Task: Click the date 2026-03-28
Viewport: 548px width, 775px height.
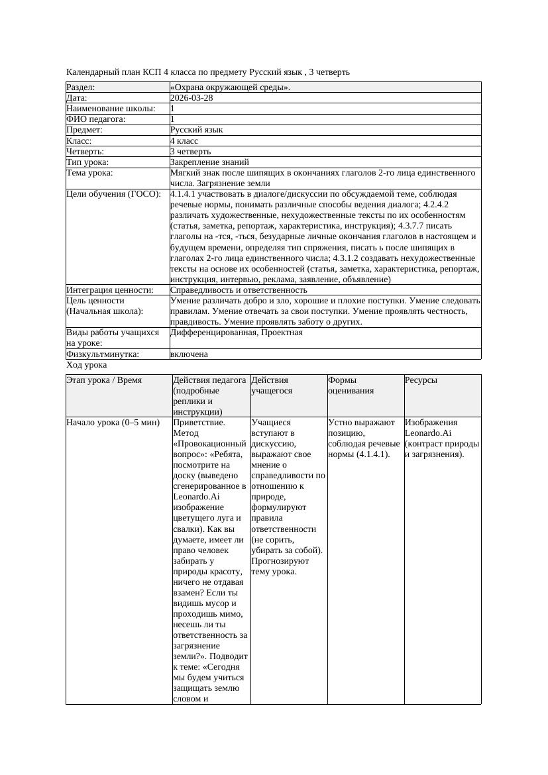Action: pos(192,98)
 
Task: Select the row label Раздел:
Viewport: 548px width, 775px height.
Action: pos(81,87)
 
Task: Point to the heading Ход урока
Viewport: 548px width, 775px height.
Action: pos(87,365)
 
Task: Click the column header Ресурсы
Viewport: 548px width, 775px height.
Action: pos(421,380)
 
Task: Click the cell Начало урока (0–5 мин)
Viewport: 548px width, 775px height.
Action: pos(113,423)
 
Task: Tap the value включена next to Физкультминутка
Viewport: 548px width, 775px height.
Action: pos(189,354)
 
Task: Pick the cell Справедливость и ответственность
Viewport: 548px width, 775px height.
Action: pos(239,290)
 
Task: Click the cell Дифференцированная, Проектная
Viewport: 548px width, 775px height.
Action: pos(236,333)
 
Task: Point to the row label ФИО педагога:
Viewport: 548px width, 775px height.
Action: pos(96,119)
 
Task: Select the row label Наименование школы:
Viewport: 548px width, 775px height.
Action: pos(111,109)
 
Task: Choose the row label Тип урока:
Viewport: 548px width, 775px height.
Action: pos(87,162)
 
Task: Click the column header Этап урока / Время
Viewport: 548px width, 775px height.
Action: pos(104,380)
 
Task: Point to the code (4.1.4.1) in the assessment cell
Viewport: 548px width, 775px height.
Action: pos(370,454)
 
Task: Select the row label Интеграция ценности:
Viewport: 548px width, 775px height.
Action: pos(110,290)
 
